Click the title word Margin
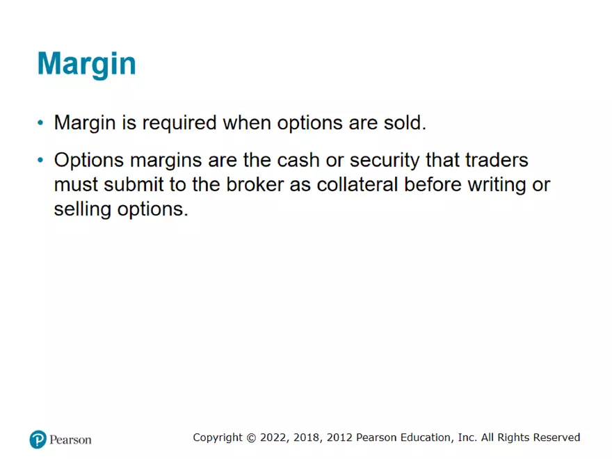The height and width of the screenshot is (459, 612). pyautogui.click(x=86, y=63)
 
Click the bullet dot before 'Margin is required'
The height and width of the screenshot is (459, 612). pyautogui.click(x=40, y=124)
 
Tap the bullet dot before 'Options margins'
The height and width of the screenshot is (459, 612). pyautogui.click(x=40, y=161)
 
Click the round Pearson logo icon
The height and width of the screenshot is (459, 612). pyautogui.click(x=38, y=440)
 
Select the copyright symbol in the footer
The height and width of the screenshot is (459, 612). pyautogui.click(x=250, y=437)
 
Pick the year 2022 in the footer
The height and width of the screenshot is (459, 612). pyautogui.click(x=273, y=437)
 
